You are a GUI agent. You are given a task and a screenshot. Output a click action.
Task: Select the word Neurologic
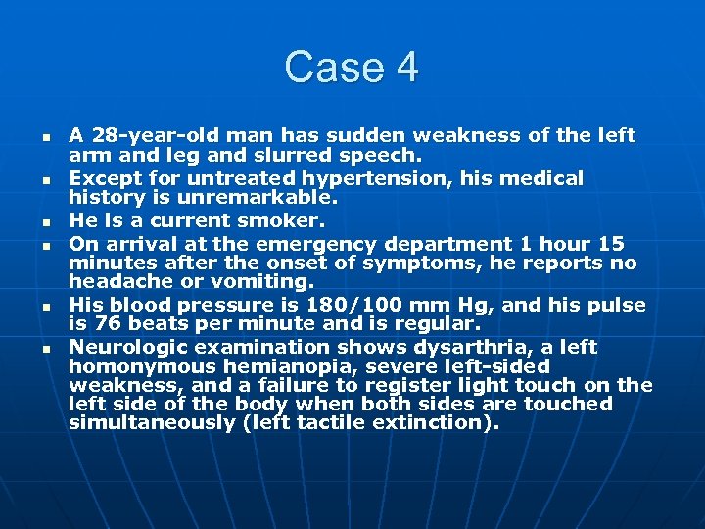click(x=131, y=347)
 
